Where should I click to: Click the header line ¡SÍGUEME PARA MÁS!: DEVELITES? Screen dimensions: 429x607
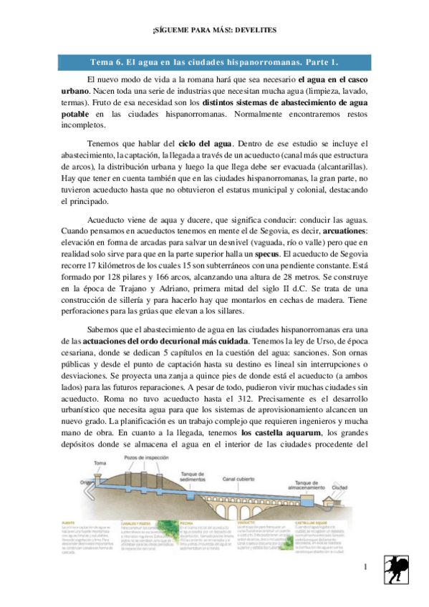coord(215,29)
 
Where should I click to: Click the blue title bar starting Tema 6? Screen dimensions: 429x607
coord(214,62)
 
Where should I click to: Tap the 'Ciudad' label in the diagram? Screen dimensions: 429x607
coord(340,488)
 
